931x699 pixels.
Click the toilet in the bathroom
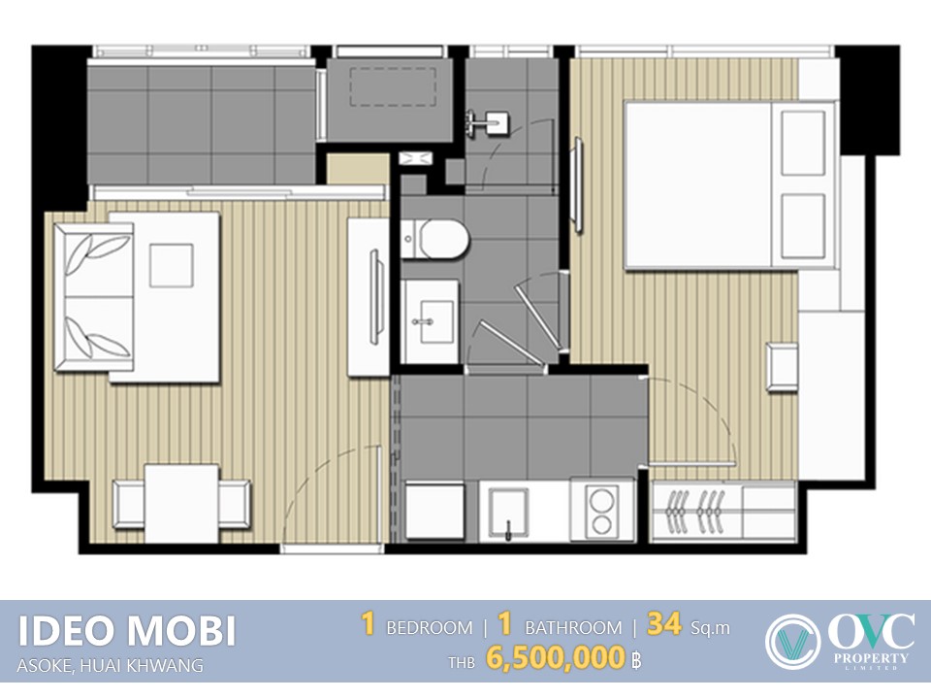click(434, 239)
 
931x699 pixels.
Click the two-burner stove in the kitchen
click(602, 510)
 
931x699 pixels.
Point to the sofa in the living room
click(93, 297)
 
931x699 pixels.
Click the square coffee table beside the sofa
click(171, 266)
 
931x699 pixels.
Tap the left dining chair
click(129, 504)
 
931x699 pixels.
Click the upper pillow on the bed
click(803, 143)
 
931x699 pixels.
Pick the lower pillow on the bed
click(803, 226)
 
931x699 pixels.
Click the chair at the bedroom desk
click(782, 367)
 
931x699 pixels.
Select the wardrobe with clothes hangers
click(723, 512)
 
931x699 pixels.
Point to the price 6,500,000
click(555, 658)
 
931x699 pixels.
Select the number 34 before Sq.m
click(663, 624)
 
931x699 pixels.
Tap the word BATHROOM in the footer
click(573, 628)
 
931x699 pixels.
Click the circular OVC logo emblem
click(792, 642)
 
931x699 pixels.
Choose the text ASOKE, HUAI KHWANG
click(110, 666)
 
